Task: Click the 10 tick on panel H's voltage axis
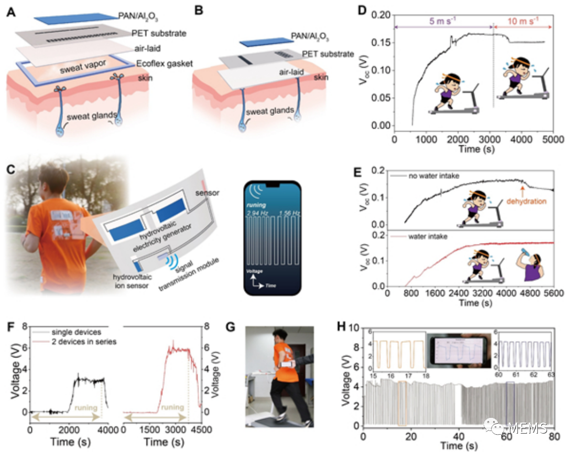pos(356,327)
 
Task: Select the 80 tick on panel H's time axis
pos(553,437)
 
